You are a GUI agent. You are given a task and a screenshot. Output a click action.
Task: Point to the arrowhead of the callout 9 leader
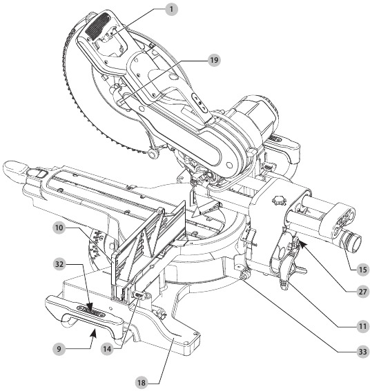pyautogui.click(x=95, y=332)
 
